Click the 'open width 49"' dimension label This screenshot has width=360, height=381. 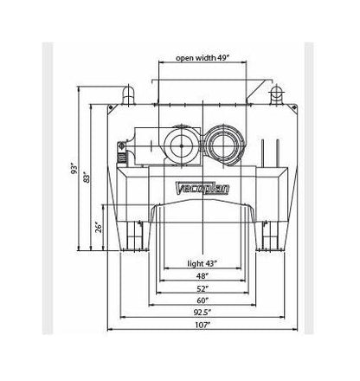coord(202,58)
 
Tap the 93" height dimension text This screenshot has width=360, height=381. coord(74,169)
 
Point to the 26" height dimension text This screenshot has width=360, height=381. coord(99,228)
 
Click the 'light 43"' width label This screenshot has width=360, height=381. coord(202,263)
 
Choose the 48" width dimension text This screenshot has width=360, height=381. coord(202,276)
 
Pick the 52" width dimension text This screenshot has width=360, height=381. coord(202,288)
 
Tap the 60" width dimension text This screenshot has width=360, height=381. coord(202,300)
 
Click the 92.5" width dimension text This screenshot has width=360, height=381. coord(202,313)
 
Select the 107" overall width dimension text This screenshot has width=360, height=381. coord(202,325)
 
